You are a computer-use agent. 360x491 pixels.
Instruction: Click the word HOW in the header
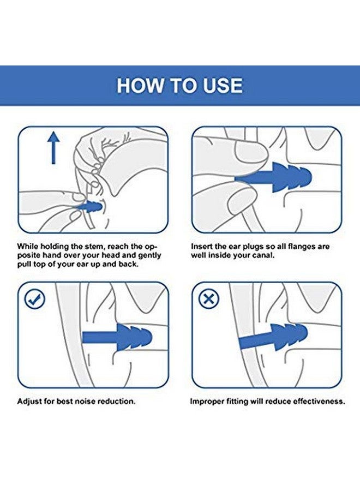140,85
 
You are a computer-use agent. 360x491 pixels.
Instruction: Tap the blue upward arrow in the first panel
53,147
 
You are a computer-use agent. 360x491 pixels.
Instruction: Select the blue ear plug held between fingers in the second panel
273,177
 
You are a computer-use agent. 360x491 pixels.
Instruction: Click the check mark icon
34,299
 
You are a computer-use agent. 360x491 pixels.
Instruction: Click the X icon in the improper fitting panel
209,299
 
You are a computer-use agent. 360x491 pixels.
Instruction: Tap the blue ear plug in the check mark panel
117,338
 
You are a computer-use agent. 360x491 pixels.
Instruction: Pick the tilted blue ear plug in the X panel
273,339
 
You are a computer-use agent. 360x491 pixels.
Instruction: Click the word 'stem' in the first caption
94,247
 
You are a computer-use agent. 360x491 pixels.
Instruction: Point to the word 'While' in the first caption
27,247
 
